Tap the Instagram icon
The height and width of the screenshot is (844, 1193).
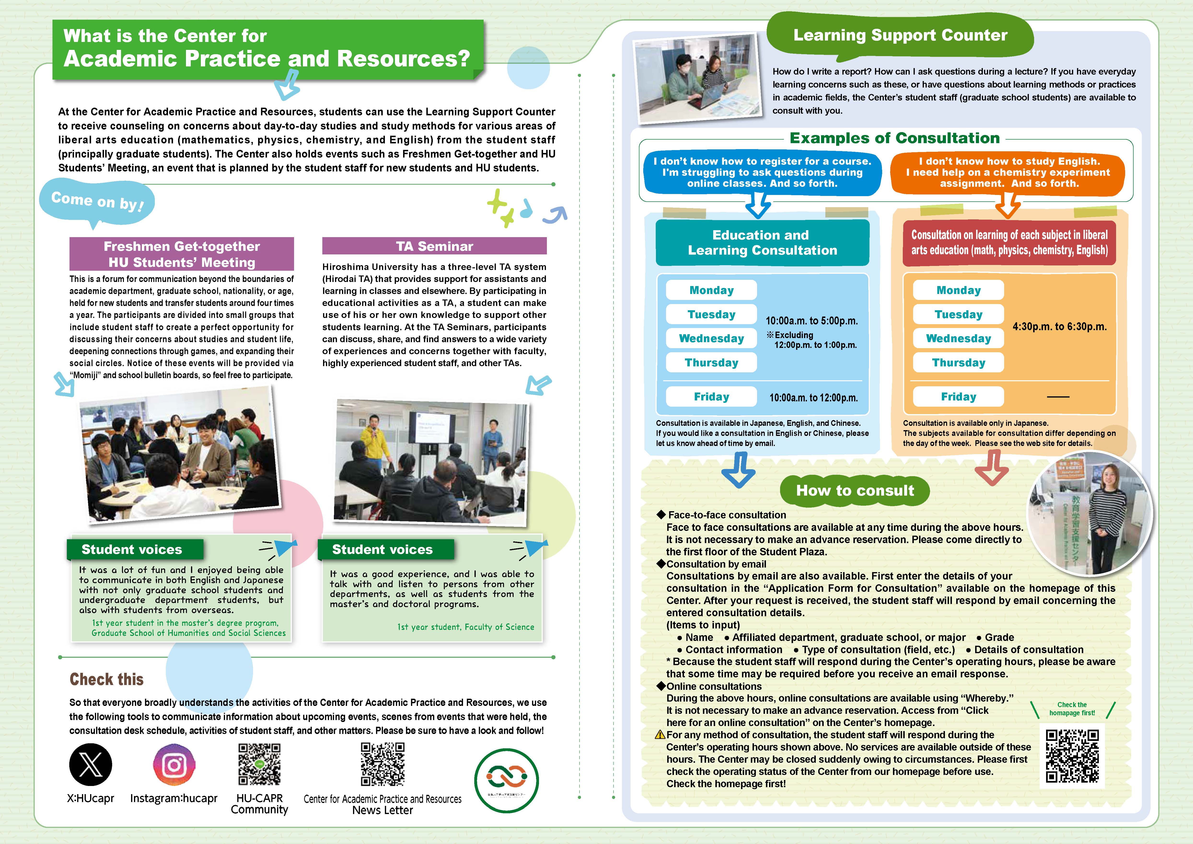[174, 764]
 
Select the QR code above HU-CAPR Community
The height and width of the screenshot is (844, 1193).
[259, 764]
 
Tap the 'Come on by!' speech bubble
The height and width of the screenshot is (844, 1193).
[97, 202]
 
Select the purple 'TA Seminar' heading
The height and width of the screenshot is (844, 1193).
[434, 246]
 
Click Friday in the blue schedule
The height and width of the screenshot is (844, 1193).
[711, 397]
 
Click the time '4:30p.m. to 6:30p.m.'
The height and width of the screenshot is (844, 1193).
[1060, 326]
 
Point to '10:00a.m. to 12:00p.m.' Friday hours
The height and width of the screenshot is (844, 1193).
[813, 398]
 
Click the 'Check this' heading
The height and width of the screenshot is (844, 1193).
[106, 679]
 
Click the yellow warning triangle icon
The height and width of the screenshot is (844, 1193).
[660, 734]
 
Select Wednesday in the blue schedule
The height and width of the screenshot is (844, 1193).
[711, 338]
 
